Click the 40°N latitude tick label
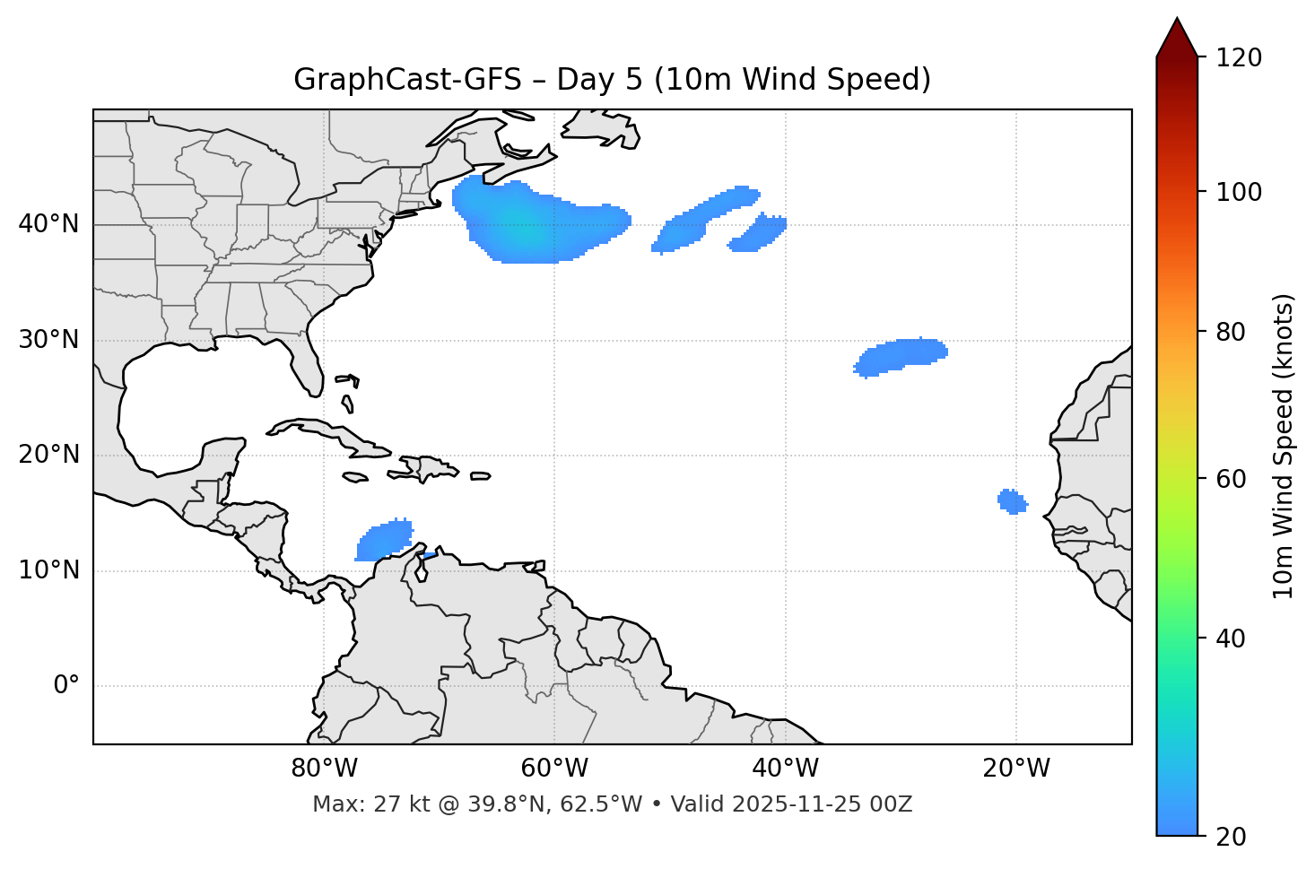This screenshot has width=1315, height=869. click(48, 224)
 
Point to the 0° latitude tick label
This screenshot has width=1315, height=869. click(66, 686)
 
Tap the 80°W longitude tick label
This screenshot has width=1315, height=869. click(324, 769)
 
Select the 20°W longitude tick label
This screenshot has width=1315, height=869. click(1016, 769)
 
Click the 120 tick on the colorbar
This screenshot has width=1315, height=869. click(1239, 58)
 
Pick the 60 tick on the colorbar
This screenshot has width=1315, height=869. click(1230, 479)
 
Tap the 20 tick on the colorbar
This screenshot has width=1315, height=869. click(1230, 837)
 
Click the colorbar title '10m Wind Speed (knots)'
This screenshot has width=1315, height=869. click(1283, 446)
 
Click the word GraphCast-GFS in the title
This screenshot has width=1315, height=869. click(407, 80)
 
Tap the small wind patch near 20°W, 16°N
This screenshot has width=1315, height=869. click(1012, 501)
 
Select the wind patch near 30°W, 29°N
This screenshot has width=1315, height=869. click(901, 356)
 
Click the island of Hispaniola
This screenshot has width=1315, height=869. click(429, 468)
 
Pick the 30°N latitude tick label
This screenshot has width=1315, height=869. click(48, 340)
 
